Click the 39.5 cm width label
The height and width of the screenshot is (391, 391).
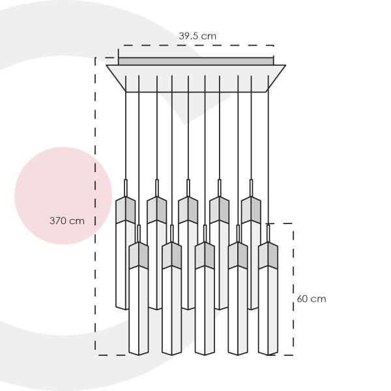197,36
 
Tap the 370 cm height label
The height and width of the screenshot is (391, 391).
67,221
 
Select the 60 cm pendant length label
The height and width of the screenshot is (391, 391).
311,298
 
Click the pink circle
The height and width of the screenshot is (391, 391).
63,195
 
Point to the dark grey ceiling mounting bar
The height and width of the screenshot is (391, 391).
196,61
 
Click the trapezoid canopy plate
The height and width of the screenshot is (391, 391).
196,79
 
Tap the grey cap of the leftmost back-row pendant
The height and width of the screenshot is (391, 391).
126,210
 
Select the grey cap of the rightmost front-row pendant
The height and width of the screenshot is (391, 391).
268,255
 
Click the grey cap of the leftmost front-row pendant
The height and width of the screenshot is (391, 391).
139,255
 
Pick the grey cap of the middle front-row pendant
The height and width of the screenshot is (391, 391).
205,255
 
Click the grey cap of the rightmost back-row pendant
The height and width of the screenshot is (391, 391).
251,210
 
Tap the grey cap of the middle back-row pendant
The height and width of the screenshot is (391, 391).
188,210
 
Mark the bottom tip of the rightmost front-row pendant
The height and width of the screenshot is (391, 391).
268,355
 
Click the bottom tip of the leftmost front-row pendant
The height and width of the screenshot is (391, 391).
139,355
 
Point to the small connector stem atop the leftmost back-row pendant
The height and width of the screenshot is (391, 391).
126,188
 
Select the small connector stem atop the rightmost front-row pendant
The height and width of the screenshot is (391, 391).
268,233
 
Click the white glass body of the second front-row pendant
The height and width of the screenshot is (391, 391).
171,310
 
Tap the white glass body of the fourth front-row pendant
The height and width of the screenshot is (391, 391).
238,310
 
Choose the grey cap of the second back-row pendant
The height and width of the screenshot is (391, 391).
157,210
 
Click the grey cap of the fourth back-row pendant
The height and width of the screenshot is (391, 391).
219,210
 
